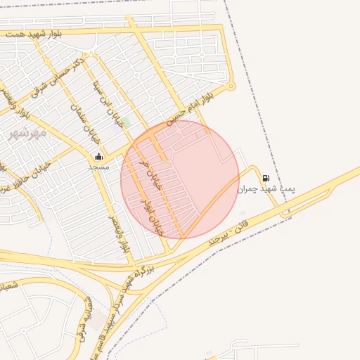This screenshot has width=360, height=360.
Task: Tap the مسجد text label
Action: tap(98, 167)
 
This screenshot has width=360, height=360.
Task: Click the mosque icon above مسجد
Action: tap(98, 156)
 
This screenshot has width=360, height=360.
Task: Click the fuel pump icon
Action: tap(266, 178)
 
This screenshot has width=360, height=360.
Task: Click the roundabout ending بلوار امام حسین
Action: tap(231, 86)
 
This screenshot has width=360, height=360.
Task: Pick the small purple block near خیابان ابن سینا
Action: tap(115, 129)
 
